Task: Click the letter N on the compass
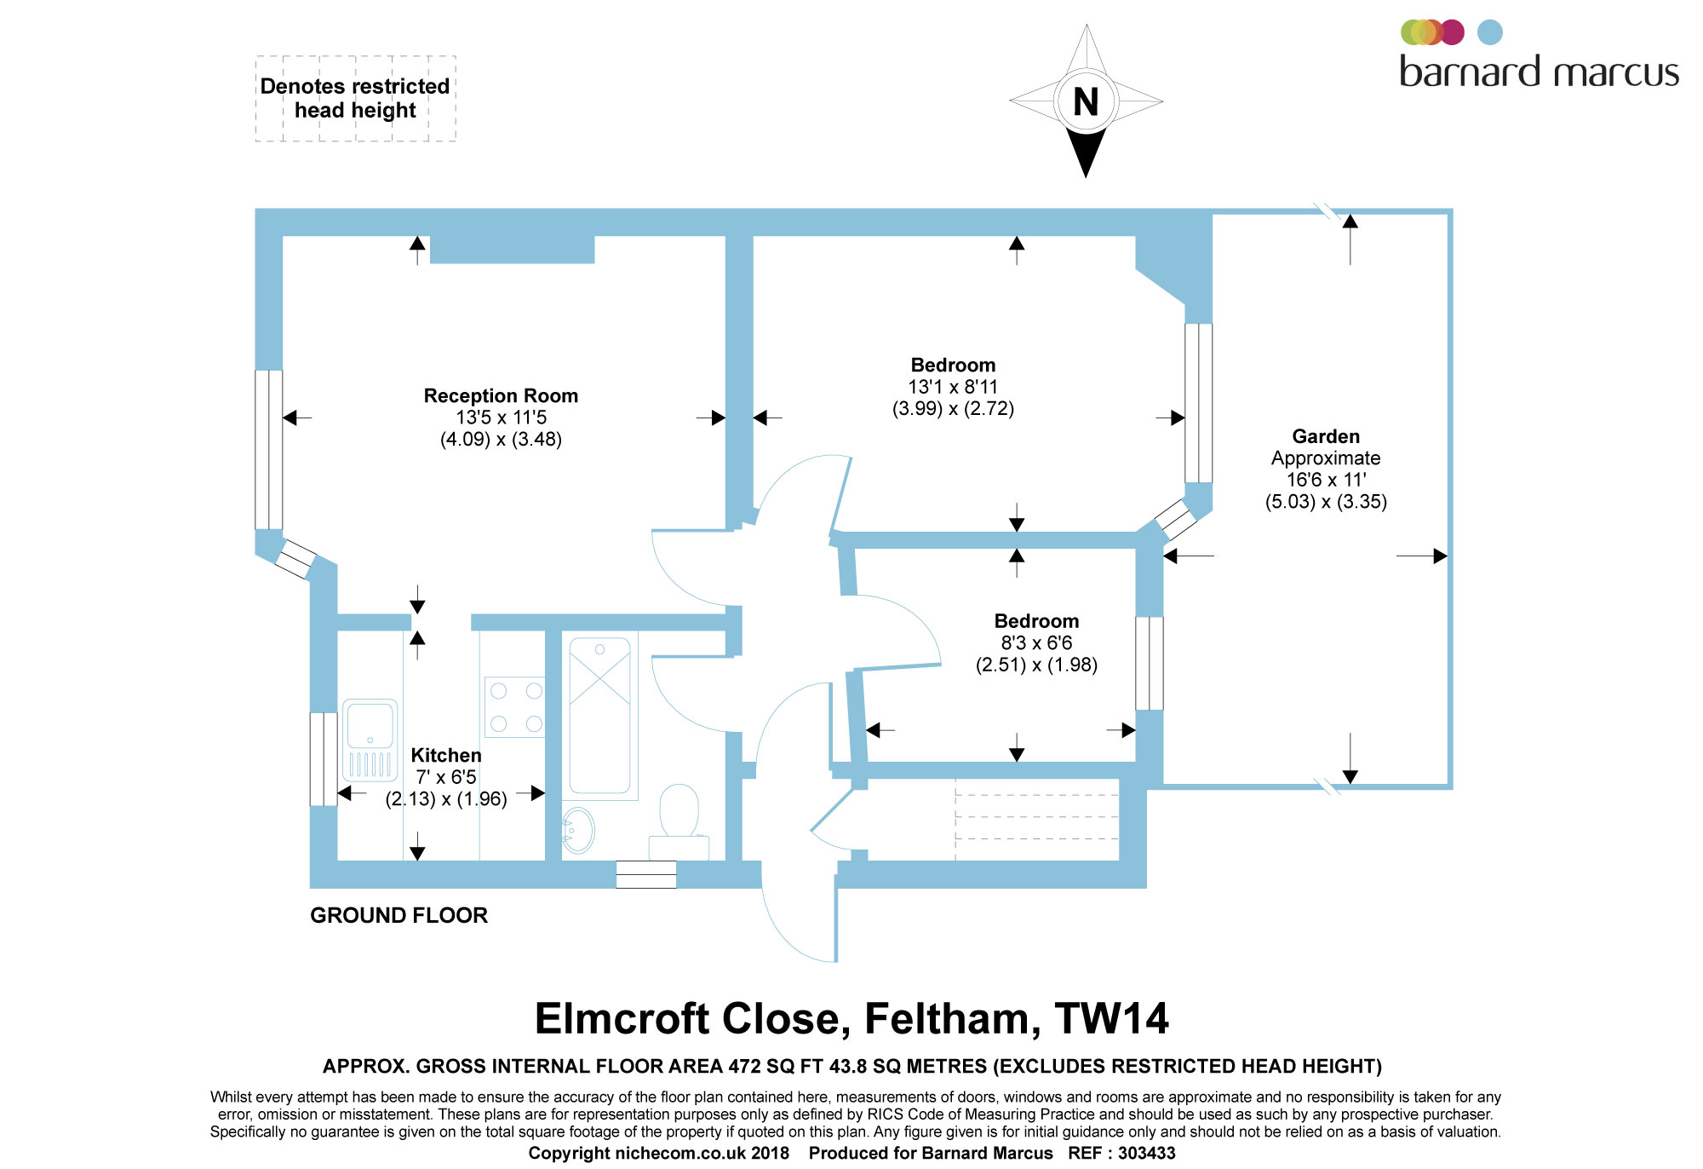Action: point(1086,102)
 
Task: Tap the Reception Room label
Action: point(501,396)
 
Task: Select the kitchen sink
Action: point(370,740)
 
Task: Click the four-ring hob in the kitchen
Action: point(515,706)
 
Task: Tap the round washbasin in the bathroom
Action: point(578,829)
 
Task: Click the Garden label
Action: point(1326,437)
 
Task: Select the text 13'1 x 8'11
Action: point(953,387)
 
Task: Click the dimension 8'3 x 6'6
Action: point(1036,643)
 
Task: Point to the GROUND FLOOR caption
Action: point(399,916)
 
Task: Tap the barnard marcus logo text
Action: point(1539,72)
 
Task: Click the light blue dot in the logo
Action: point(1489,32)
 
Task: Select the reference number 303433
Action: point(1146,1154)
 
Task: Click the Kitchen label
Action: point(446,756)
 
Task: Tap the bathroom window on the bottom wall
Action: point(645,875)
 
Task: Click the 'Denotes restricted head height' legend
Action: point(355,99)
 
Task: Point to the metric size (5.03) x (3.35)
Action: point(1326,502)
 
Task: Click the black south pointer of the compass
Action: point(1086,153)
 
